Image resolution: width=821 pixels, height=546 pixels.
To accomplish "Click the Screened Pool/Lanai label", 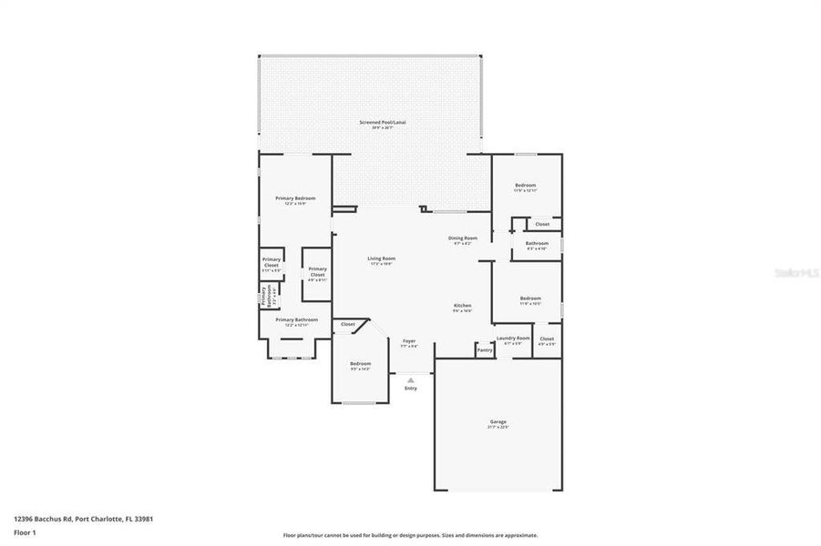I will [x=382, y=122].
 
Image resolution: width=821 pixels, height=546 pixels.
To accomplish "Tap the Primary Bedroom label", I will [x=295, y=198].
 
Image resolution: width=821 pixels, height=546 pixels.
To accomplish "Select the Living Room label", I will [x=381, y=258].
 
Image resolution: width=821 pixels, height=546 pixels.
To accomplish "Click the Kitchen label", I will [x=462, y=305].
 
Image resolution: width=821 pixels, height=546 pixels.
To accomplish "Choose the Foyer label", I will [x=409, y=341].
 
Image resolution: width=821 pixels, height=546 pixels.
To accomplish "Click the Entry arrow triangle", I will [x=410, y=379].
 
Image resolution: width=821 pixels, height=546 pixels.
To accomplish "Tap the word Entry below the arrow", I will [x=410, y=389].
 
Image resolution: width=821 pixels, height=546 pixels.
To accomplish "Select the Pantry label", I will [x=485, y=349].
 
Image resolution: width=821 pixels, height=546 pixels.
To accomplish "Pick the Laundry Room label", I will [x=513, y=338].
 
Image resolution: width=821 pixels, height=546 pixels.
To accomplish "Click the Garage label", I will [x=498, y=421].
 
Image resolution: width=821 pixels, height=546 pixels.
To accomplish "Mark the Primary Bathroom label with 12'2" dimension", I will [x=296, y=319].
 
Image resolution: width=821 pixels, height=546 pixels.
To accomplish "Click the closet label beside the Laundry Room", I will [x=547, y=339].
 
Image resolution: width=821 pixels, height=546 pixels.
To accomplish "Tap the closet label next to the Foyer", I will [x=348, y=324].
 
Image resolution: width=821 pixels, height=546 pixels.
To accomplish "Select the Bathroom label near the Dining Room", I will [x=537, y=243].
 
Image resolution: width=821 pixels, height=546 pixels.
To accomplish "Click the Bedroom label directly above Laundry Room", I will [x=530, y=298].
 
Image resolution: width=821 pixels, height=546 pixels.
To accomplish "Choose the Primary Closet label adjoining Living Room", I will [x=317, y=269].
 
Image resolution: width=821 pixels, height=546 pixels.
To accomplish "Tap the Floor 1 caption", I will [x=25, y=534].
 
